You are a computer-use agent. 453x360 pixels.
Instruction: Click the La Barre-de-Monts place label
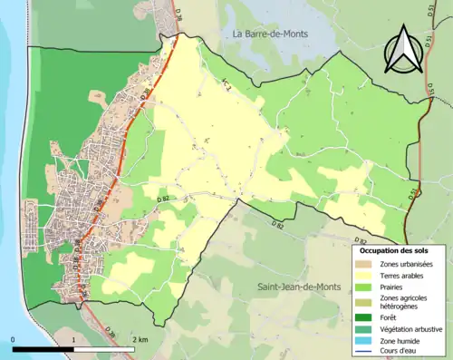point(270,34)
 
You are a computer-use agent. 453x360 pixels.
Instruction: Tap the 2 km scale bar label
point(139,339)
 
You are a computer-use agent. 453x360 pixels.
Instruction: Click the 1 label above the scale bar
point(73,339)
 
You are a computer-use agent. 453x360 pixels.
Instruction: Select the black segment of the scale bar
point(43,349)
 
